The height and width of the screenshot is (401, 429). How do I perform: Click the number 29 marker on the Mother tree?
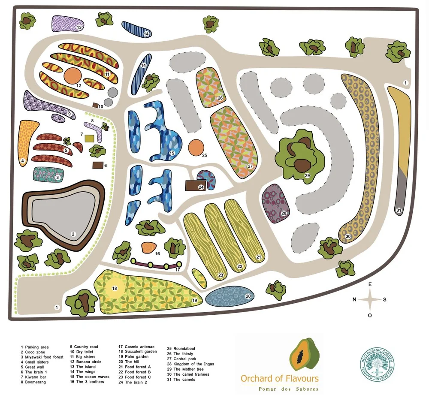pos(307,175)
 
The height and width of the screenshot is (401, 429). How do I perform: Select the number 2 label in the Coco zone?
pos(73,234)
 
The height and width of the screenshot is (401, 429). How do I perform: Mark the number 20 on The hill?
pos(248,296)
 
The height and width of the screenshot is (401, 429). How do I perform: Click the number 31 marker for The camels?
pos(399,211)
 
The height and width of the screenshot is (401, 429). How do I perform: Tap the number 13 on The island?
pos(79,27)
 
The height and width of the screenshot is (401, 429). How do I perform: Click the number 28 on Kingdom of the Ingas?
pos(284,213)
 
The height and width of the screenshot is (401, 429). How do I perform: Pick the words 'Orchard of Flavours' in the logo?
pos(280,378)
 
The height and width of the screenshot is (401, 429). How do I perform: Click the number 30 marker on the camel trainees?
pos(348,236)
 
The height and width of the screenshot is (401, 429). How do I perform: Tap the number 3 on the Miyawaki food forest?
pos(57,177)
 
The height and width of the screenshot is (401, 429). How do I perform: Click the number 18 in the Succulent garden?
pos(115,288)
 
